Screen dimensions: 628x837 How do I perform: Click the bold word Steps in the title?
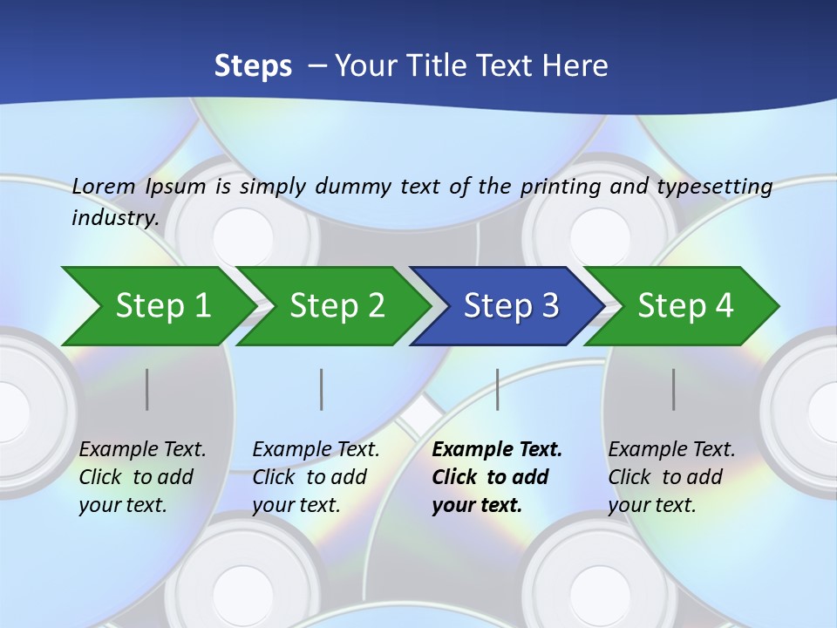pyautogui.click(x=253, y=66)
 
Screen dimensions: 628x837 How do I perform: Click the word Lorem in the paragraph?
pyautogui.click(x=104, y=186)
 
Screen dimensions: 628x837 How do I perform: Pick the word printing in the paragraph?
pyautogui.click(x=559, y=186)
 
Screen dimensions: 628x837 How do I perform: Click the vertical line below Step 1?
pyautogui.click(x=147, y=389)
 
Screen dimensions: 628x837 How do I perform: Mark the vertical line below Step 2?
pyautogui.click(x=322, y=389)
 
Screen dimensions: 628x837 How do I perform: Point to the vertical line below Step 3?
pyautogui.click(x=497, y=389)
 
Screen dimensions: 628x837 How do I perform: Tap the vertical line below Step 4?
pyautogui.click(x=674, y=389)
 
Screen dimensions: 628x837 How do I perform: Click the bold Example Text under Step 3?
pyautogui.click(x=497, y=450)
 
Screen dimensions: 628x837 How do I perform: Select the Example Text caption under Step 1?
pyautogui.click(x=143, y=450)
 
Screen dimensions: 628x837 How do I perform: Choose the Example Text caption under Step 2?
pyautogui.click(x=316, y=450)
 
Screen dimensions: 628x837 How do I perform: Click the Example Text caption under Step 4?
pyautogui.click(x=672, y=450)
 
